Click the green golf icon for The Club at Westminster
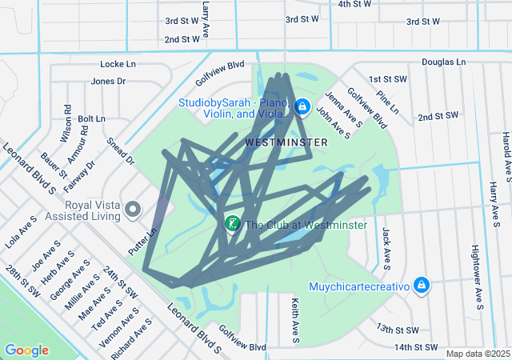point(232,224)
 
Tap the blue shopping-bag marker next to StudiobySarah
point(302,106)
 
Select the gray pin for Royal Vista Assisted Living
point(134,210)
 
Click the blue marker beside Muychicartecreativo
point(422,286)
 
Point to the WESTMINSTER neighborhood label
point(286,142)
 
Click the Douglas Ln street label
point(443,62)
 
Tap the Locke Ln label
point(118,63)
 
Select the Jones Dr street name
point(108,81)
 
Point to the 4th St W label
point(354,4)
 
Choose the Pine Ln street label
point(386,103)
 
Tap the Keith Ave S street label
point(295,310)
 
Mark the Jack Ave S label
point(386,247)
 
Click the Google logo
point(26,350)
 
